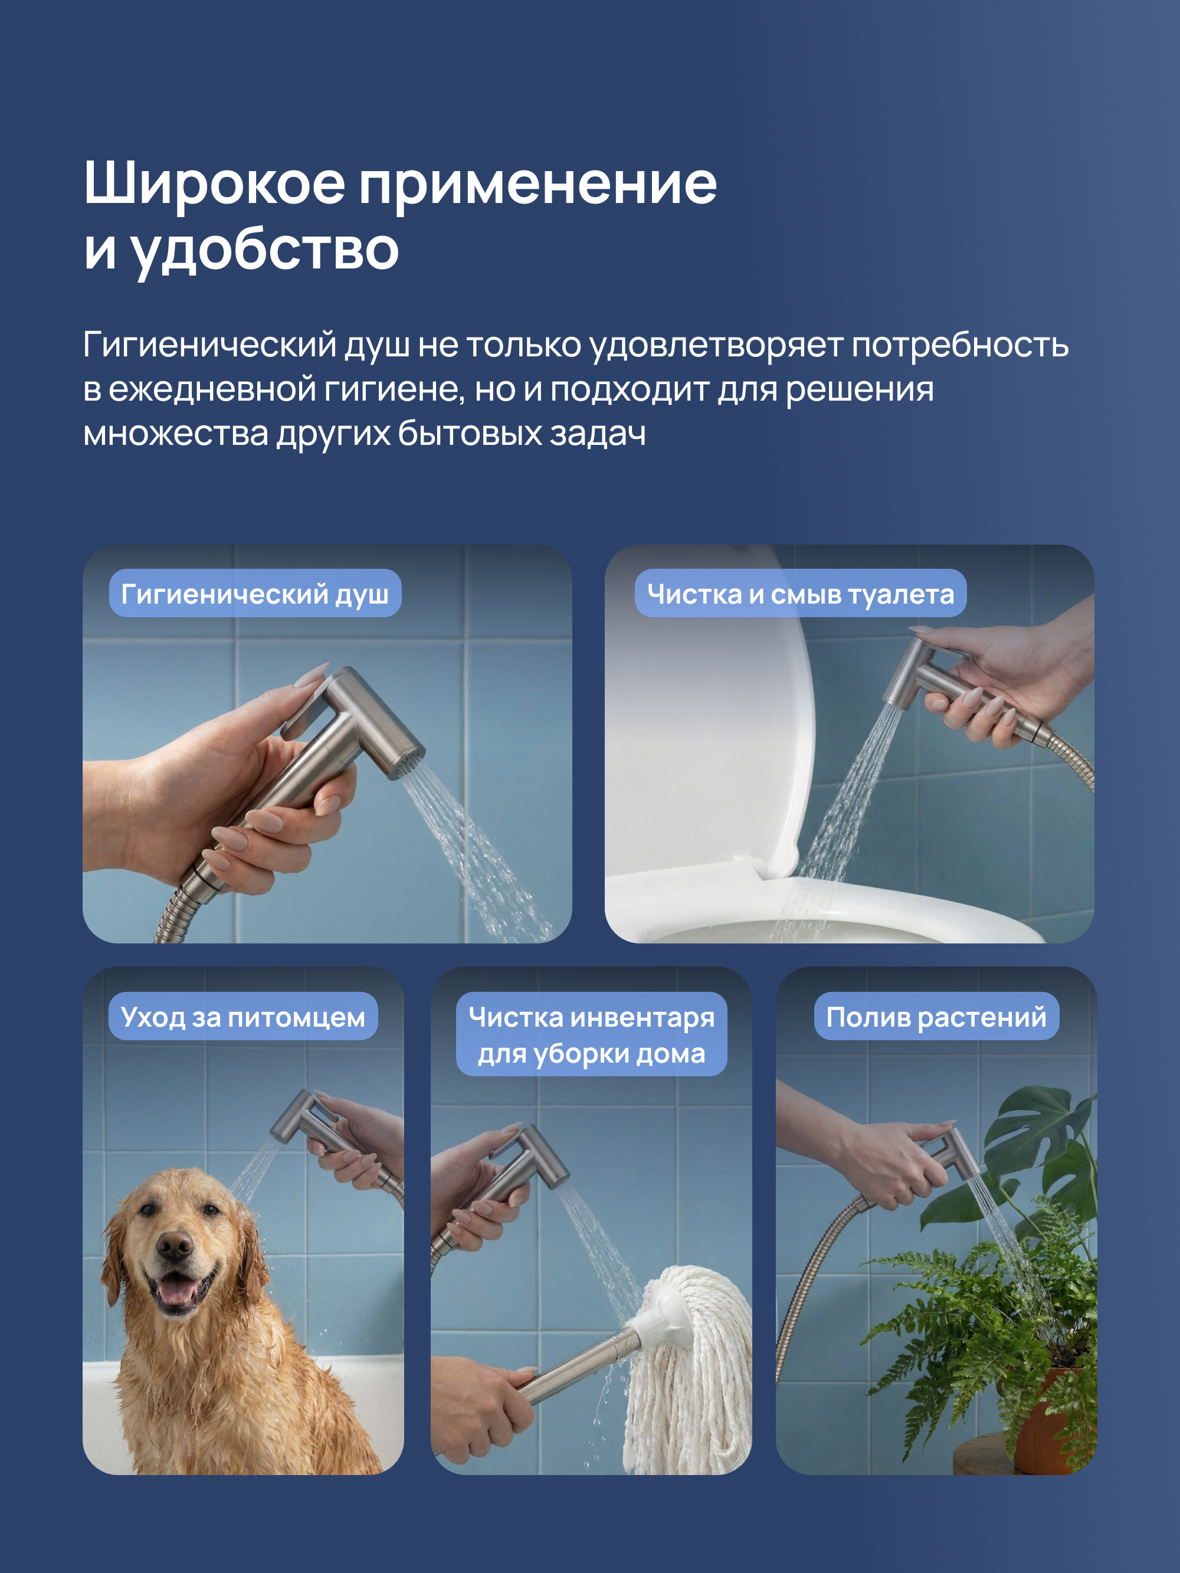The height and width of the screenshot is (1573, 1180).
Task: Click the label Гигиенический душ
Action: pyautogui.click(x=255, y=594)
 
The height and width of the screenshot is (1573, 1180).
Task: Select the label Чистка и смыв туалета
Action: pyautogui.click(x=800, y=594)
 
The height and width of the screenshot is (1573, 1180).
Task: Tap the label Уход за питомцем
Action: pyautogui.click(x=242, y=1017)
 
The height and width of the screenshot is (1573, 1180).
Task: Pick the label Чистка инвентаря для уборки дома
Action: pyautogui.click(x=591, y=1035)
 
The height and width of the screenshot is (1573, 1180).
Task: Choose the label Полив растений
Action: pyautogui.click(x=936, y=1017)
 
